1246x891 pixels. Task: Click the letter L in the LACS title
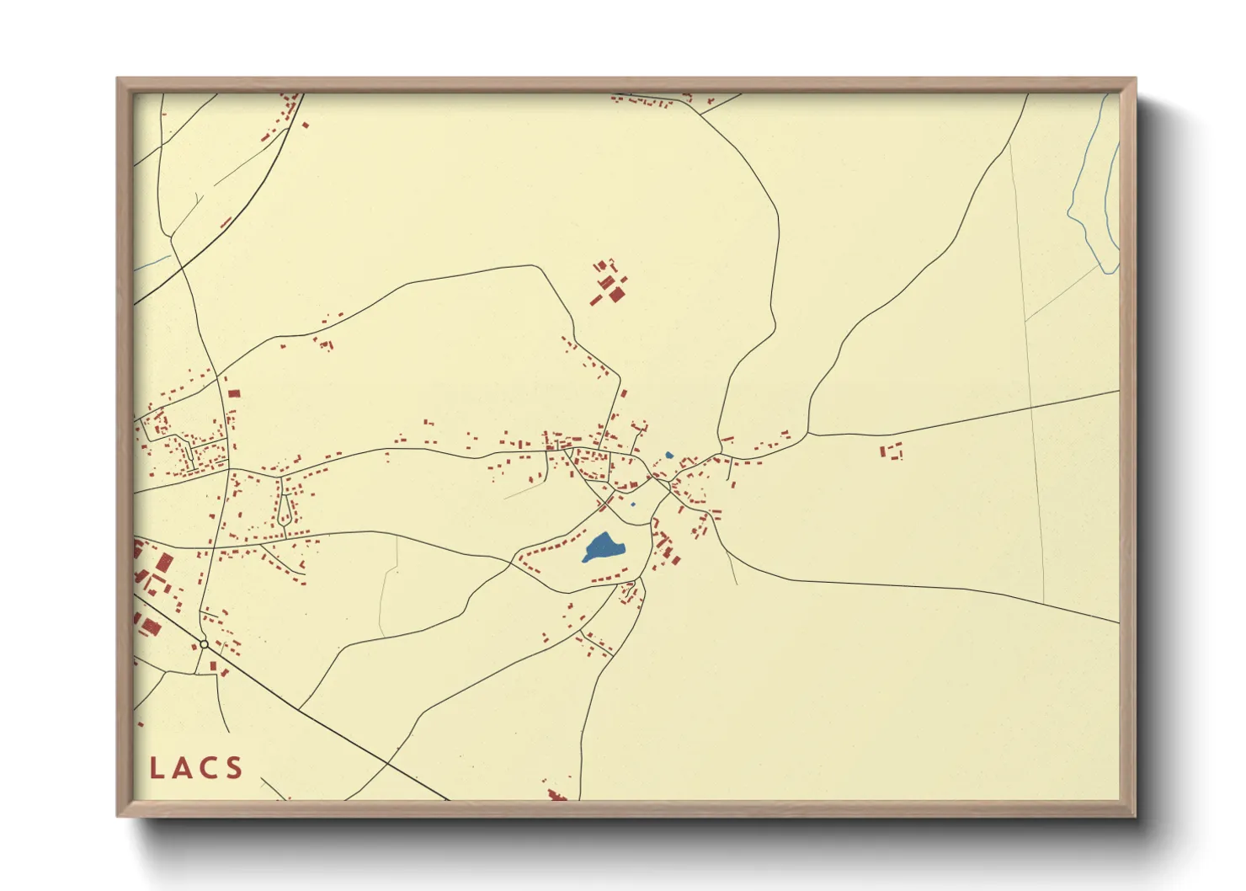(157, 768)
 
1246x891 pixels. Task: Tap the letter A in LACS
(184, 768)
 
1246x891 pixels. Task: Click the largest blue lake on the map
(604, 547)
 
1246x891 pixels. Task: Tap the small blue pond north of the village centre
(669, 456)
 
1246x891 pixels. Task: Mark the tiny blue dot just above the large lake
(633, 504)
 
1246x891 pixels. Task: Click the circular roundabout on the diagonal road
(204, 644)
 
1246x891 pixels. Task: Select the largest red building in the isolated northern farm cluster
(616, 294)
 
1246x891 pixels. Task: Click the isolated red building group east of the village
(891, 451)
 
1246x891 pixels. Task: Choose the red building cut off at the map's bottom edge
(556, 795)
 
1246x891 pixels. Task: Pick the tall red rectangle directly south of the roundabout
(213, 667)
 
